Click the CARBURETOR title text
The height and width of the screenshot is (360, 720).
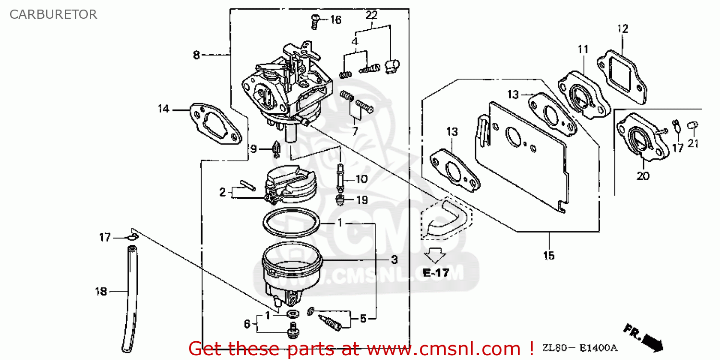(x=53, y=14)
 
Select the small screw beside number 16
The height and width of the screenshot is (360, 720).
(x=315, y=20)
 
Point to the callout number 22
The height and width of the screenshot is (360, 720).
(x=372, y=15)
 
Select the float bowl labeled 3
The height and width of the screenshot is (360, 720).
(x=292, y=271)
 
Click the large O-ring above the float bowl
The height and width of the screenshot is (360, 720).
(x=291, y=223)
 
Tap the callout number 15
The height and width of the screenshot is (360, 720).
(x=549, y=255)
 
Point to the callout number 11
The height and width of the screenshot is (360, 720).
(x=583, y=49)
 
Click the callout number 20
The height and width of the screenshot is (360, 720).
(x=643, y=176)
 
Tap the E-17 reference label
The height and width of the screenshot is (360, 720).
(x=436, y=273)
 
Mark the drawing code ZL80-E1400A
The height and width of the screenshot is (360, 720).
(x=580, y=348)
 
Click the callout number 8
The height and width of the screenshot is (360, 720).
(x=196, y=55)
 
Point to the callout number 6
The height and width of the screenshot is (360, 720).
(x=247, y=324)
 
